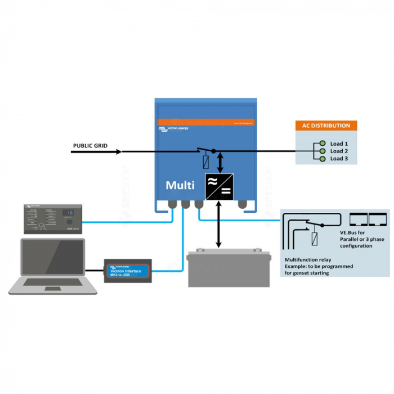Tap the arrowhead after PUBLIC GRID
click(119, 151)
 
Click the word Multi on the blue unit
click(180, 185)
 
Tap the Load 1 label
click(339, 144)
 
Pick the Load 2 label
click(339, 151)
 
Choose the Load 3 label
click(339, 159)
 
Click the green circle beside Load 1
click(323, 144)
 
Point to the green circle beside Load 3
click(323, 159)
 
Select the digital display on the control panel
click(69, 213)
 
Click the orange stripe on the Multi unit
click(205, 122)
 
